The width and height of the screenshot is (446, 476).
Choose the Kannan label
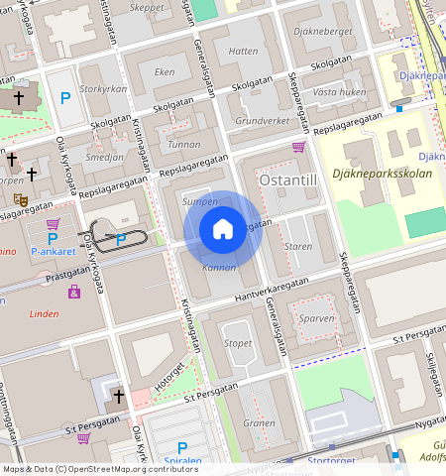[x=219, y=267]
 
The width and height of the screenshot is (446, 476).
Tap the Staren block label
[x=297, y=245]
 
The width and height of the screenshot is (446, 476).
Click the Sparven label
[x=317, y=319]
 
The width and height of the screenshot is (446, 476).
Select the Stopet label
[x=238, y=343]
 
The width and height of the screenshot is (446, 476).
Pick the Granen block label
[x=260, y=422]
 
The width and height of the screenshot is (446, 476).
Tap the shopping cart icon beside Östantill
[x=298, y=147]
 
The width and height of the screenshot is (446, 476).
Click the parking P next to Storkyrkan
[x=65, y=97]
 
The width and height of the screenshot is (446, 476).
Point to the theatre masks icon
[x=19, y=199]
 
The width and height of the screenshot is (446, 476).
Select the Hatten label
[x=243, y=51]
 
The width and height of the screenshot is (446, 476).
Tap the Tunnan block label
[x=184, y=144]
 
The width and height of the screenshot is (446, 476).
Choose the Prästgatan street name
[x=67, y=270]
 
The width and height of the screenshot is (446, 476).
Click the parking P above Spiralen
[x=181, y=447]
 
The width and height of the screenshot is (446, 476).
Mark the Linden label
[x=45, y=313]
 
